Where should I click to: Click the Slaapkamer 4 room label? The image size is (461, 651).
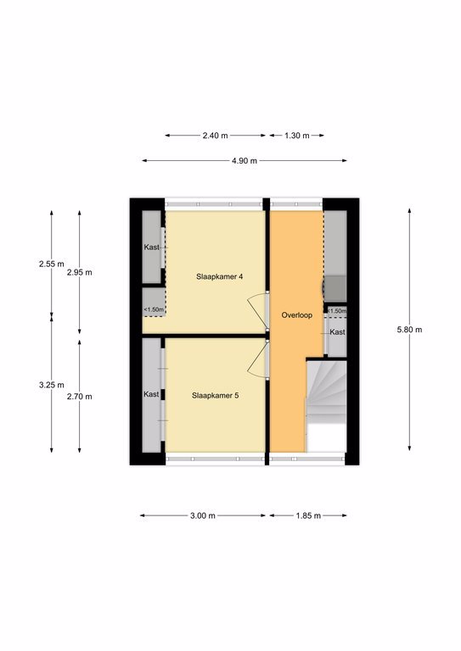tap(220, 276)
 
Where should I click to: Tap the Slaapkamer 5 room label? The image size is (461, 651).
tap(216, 396)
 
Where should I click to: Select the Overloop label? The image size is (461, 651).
tap(297, 315)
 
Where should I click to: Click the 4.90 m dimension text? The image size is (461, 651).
tap(245, 161)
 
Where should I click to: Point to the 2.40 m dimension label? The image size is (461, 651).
tap(216, 136)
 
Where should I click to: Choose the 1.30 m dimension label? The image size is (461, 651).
tap(297, 136)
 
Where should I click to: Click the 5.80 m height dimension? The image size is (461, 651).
tap(409, 330)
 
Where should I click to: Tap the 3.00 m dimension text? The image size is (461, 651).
tap(203, 515)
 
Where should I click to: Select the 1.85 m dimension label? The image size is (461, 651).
tap(308, 515)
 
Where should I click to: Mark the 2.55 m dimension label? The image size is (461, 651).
tap(52, 264)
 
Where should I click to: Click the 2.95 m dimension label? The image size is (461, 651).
tap(80, 272)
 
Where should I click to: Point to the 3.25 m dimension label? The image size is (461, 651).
tap(52, 385)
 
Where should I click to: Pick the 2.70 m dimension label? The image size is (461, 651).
tap(80, 397)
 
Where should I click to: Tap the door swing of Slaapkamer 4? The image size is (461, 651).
tap(257, 309)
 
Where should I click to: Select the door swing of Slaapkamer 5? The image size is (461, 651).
tap(257, 359)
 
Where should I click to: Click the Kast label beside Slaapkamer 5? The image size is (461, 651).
tap(151, 394)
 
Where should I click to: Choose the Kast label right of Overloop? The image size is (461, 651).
tap(337, 332)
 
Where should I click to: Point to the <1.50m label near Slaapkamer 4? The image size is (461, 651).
tap(154, 309)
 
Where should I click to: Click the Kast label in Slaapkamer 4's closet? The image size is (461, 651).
tap(152, 248)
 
